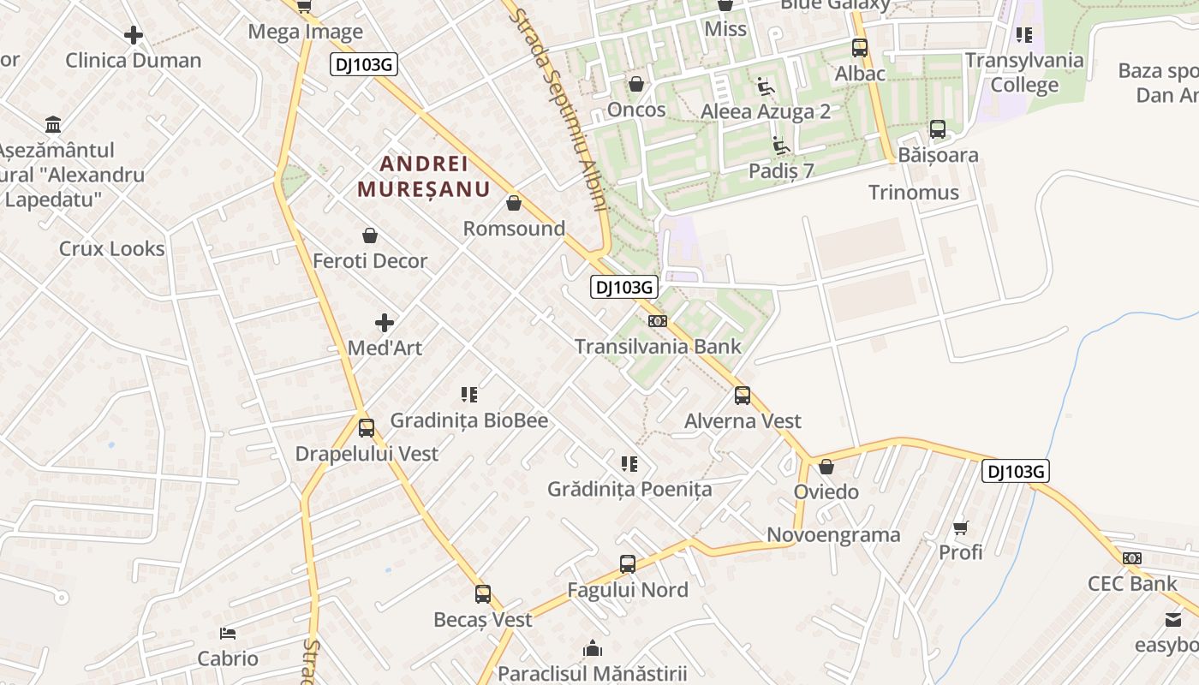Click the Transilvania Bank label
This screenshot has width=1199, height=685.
[x=658, y=347]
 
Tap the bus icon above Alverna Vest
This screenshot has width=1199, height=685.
[x=743, y=396]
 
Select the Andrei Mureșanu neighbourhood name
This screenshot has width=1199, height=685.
[x=423, y=176]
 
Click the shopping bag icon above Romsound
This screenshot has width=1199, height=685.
[x=514, y=203]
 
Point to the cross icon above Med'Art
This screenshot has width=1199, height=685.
[x=385, y=323]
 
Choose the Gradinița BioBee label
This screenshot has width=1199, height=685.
[x=468, y=420]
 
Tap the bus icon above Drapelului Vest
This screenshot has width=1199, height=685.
[x=367, y=427]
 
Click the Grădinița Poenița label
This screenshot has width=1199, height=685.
[x=629, y=489]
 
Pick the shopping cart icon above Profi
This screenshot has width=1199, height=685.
[x=961, y=527]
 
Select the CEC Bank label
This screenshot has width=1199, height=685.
[x=1132, y=583]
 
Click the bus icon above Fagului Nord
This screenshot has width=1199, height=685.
[x=628, y=564]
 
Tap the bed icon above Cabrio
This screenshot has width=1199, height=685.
[x=228, y=634]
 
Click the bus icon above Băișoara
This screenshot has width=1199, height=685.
[x=938, y=129]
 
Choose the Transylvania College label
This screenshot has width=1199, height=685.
[x=1024, y=73]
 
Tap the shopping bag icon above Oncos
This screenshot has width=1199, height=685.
[x=636, y=84]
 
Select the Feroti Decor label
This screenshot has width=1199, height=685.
[x=370, y=260]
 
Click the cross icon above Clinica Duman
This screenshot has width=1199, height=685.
[x=134, y=35]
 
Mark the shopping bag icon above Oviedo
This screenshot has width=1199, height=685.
[x=826, y=467]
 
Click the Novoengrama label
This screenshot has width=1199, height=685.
[x=833, y=535]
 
